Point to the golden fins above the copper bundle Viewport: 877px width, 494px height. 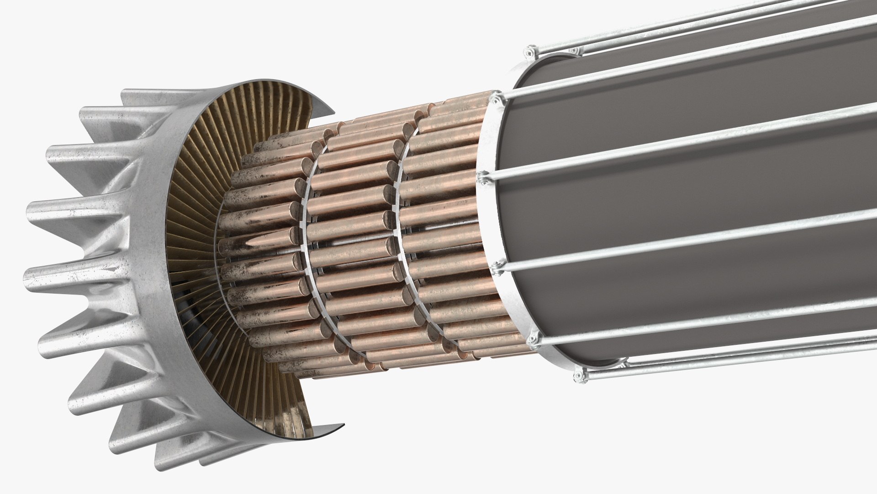click(256, 114)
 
